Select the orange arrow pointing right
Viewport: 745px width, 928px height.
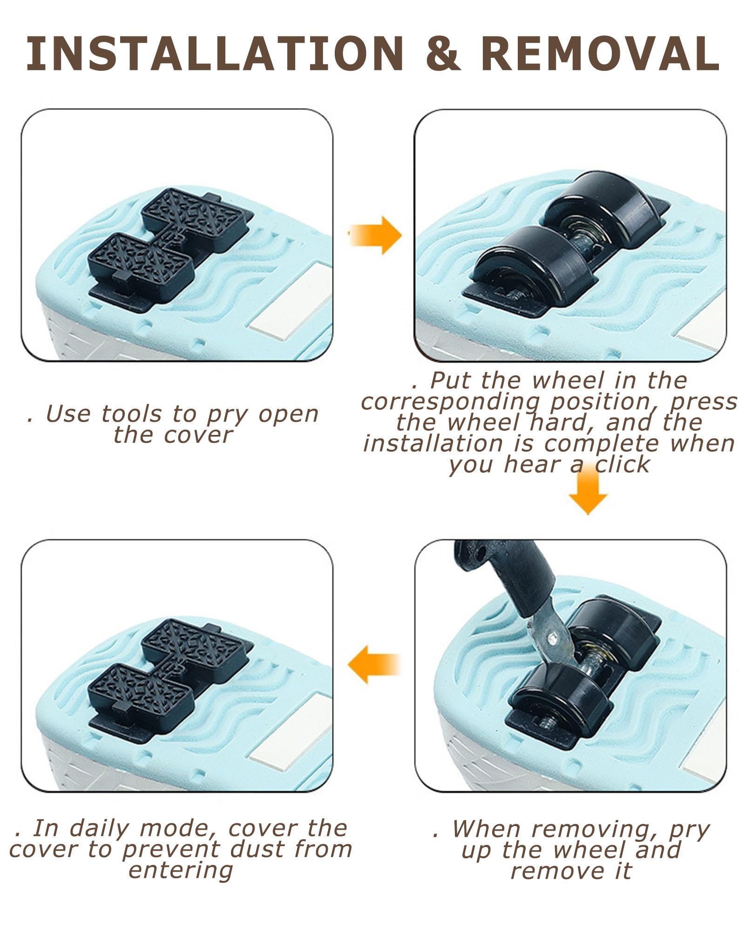click(375, 235)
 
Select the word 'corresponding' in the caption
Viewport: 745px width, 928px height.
click(452, 402)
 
